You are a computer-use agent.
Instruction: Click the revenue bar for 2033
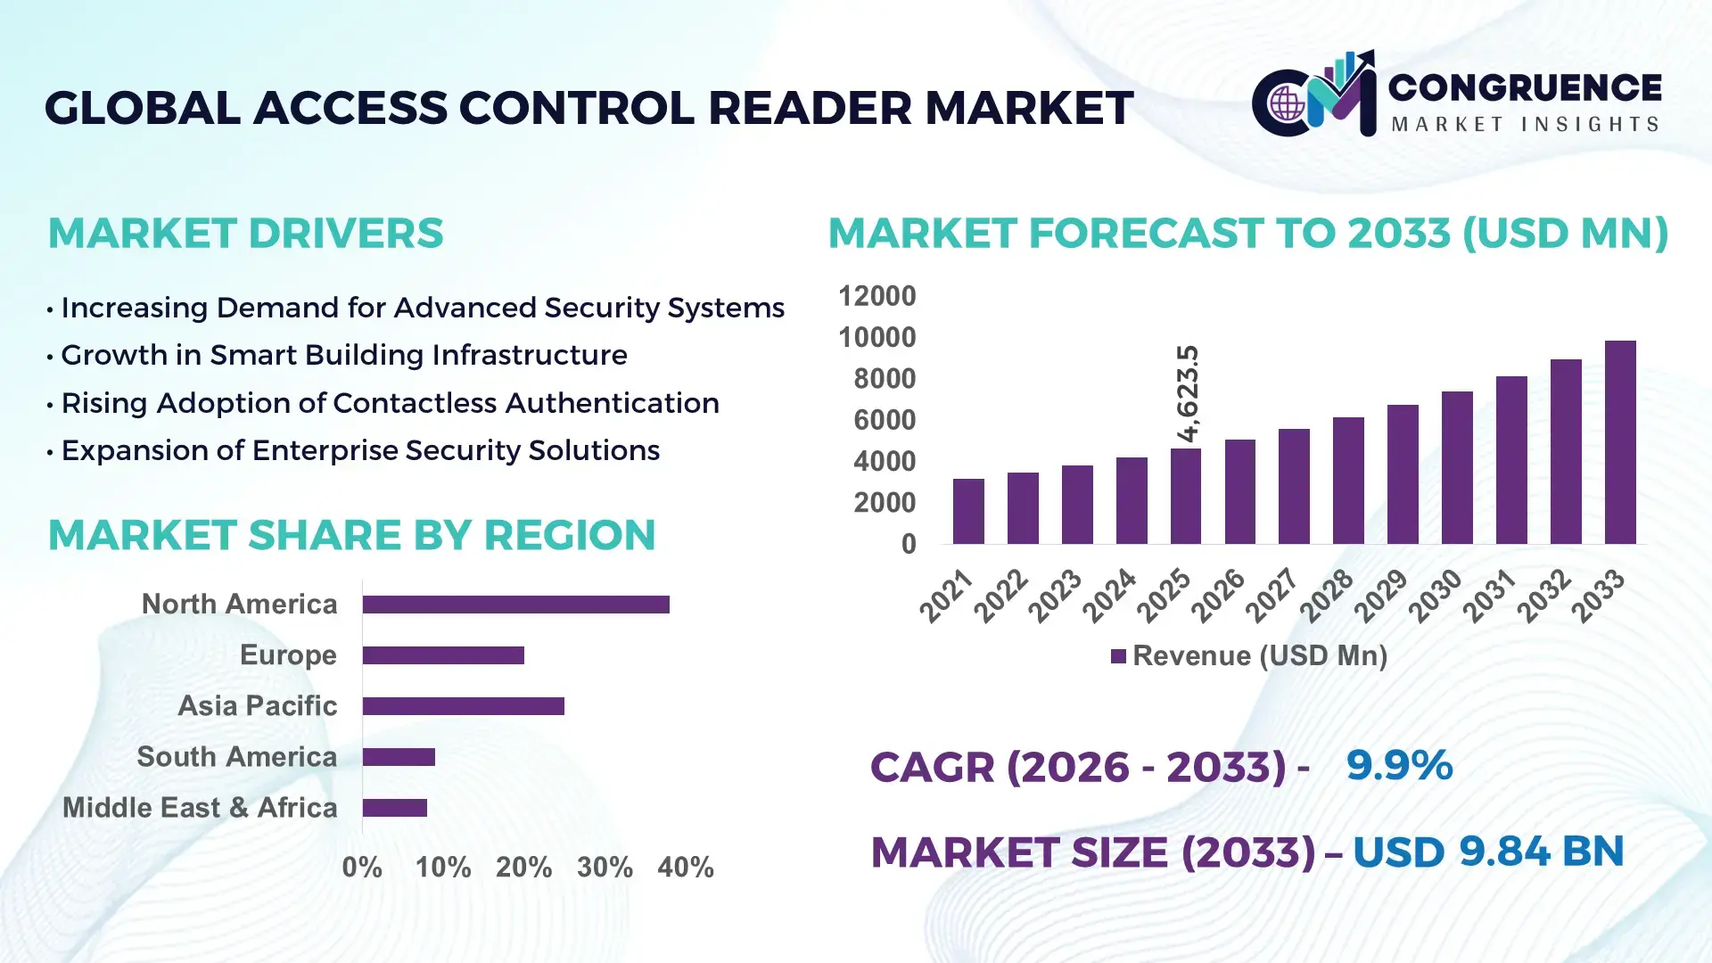point(1619,443)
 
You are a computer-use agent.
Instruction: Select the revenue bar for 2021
point(968,512)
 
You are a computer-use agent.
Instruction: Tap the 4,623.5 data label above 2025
point(1188,393)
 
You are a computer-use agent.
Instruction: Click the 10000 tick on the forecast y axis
point(877,338)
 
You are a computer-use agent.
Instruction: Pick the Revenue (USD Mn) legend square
point(1118,657)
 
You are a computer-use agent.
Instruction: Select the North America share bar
point(515,605)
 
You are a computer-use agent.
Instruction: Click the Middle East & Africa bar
point(394,808)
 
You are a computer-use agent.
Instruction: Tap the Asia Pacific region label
point(257,706)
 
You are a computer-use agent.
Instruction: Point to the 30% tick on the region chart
point(605,868)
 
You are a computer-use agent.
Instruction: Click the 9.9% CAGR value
point(1399,766)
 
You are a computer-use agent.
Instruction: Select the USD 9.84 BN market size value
point(1487,852)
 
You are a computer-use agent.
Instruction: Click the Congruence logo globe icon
point(1287,104)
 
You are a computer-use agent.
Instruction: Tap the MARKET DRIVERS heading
point(245,234)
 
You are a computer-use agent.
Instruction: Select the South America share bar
point(399,757)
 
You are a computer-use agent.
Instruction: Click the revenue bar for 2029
point(1403,474)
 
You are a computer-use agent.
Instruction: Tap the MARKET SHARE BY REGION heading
point(351,536)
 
